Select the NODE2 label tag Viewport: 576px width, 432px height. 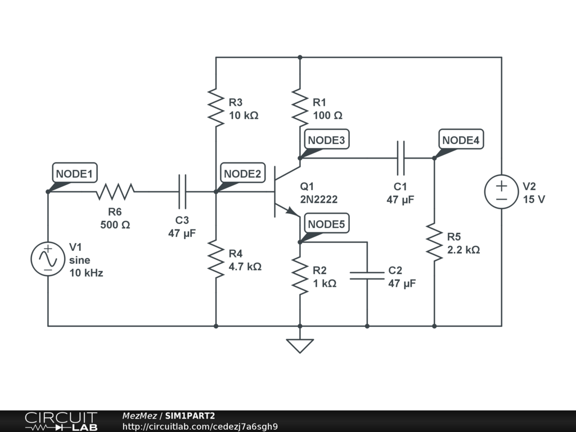(243, 174)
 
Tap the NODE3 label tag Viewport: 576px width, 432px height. (326, 140)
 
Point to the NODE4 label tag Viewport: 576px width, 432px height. (461, 140)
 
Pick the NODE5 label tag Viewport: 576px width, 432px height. (326, 224)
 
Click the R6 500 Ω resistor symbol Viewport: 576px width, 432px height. (115, 192)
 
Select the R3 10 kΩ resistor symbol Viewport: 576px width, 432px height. (216, 106)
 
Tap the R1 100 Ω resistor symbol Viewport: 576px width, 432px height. (300, 106)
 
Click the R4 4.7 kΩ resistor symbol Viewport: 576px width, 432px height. (216, 258)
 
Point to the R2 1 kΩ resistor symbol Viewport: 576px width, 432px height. (300, 277)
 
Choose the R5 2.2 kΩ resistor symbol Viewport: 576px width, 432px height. (434, 242)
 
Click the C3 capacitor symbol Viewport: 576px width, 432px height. (182, 192)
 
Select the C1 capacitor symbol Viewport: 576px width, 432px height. (400, 158)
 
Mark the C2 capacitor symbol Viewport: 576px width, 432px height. (367, 275)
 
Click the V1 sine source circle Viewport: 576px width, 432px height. (48, 259)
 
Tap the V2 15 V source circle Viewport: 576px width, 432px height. (501, 192)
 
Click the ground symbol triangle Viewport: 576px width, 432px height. (300, 345)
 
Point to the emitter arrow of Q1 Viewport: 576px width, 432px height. (291, 211)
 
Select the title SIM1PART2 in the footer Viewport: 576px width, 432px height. (190, 416)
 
